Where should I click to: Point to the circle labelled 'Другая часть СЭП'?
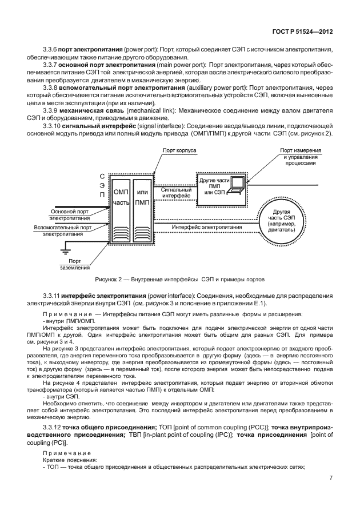[285, 220]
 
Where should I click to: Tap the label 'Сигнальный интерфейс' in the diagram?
[177, 192]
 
